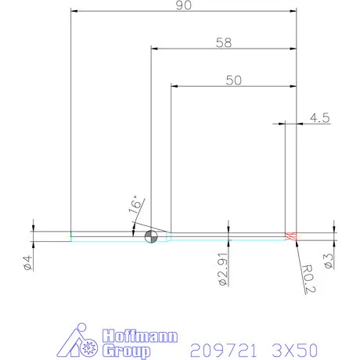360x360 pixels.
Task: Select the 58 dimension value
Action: (224, 42)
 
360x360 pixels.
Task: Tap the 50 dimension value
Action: (233, 79)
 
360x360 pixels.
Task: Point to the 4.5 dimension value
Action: (320, 117)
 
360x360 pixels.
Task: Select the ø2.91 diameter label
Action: (223, 269)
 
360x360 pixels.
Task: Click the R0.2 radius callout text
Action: (309, 279)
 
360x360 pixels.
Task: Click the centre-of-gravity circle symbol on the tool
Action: (151, 236)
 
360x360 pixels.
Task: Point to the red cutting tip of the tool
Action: (292, 236)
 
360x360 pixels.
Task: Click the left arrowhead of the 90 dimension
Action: (74, 11)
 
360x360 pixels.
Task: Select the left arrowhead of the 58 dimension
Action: (154, 49)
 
